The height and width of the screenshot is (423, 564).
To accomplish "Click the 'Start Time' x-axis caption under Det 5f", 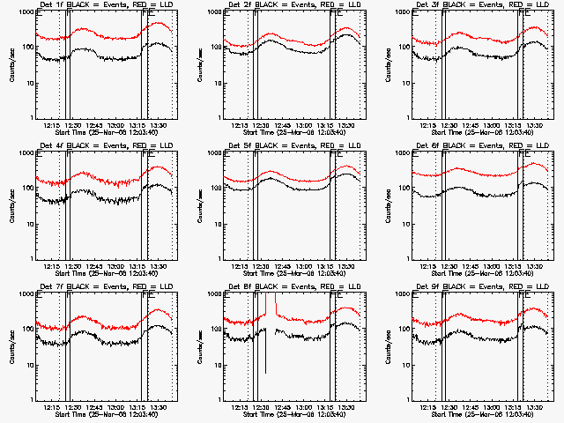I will pos(263,271).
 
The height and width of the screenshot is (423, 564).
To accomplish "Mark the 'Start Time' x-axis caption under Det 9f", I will pos(451,412).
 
